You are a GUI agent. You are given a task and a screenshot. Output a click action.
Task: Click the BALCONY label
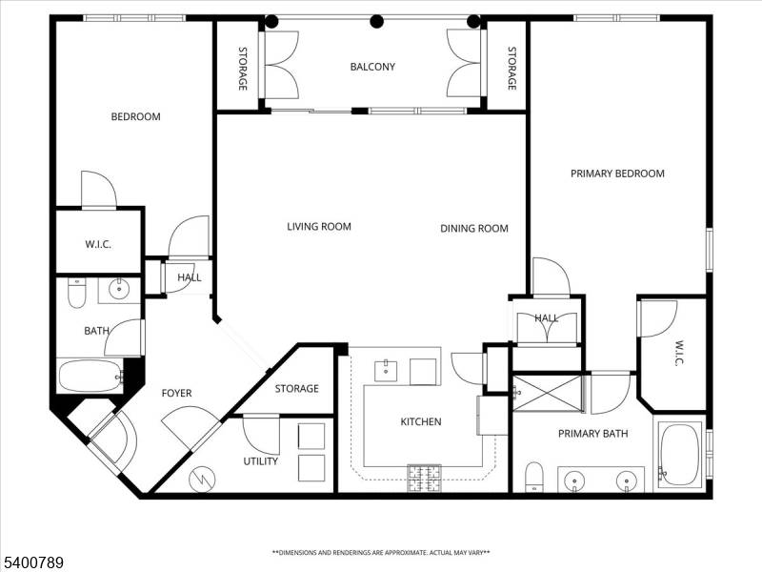tap(372, 67)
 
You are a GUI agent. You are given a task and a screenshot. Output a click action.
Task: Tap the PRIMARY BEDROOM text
tap(617, 174)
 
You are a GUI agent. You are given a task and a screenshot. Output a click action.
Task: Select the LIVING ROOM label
tap(319, 227)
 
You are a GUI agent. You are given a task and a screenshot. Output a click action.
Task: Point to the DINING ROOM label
tap(474, 229)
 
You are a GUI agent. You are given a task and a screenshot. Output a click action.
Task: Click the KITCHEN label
tap(420, 421)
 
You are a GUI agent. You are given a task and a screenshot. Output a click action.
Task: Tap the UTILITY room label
tap(261, 461)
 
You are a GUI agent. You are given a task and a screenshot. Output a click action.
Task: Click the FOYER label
tap(176, 393)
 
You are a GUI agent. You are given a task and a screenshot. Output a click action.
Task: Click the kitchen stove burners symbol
tap(425, 478)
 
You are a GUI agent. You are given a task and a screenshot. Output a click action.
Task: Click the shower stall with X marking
tap(547, 394)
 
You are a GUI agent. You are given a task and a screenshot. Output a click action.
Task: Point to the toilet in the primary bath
tap(534, 478)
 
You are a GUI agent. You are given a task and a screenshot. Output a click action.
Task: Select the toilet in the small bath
tap(76, 293)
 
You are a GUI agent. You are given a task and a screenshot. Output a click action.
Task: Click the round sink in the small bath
tap(120, 291)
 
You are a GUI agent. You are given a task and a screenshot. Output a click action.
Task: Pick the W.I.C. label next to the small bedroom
tap(98, 244)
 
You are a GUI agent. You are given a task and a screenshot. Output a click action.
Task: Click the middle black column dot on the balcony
tap(377, 21)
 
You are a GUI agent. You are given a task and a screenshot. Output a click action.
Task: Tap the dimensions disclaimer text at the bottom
tap(381, 553)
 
